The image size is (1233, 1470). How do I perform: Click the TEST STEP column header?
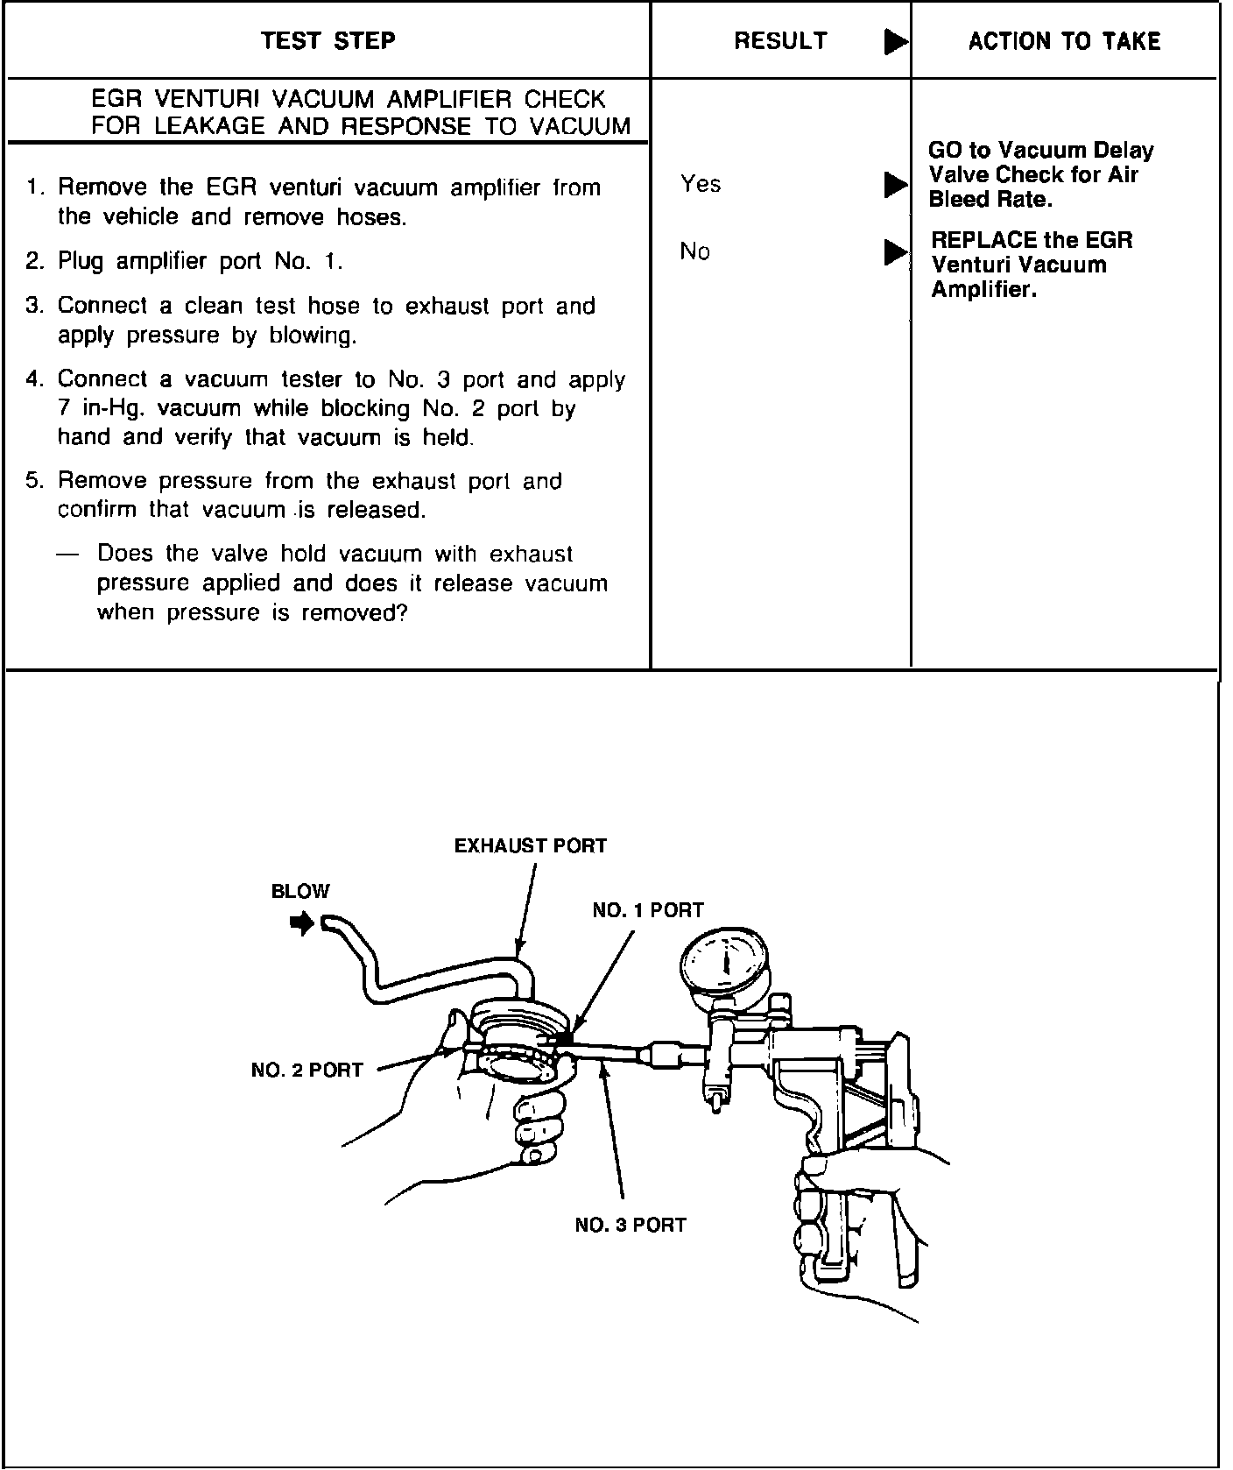(328, 41)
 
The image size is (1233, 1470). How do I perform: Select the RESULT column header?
(779, 41)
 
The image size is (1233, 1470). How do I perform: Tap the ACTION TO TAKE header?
(1064, 41)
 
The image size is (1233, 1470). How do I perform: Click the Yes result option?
(701, 184)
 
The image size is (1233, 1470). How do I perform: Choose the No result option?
(694, 252)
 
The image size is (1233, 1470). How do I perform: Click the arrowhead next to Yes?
(895, 185)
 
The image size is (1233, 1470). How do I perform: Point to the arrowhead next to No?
(895, 252)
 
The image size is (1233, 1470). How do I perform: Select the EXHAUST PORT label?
(530, 846)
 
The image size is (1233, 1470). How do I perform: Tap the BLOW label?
(300, 892)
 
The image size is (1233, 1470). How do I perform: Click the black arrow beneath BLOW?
(302, 923)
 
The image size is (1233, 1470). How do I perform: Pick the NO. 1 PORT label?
(648, 911)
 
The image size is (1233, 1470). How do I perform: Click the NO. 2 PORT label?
(306, 1071)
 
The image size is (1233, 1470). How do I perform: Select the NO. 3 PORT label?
(631, 1226)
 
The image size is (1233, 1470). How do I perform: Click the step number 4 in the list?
(33, 379)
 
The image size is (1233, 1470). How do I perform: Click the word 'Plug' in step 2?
(81, 262)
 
